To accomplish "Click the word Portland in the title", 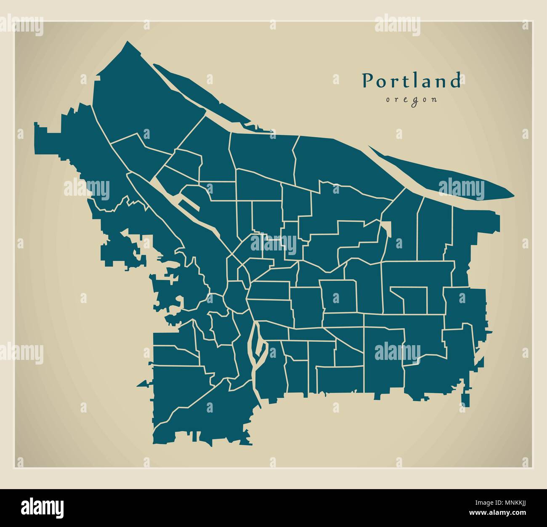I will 411,81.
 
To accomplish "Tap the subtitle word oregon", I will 411,100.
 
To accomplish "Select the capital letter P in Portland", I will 368,81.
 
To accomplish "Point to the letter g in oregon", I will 412,101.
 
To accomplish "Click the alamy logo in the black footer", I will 42,506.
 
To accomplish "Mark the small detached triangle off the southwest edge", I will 143,383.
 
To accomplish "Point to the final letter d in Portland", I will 455,81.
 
